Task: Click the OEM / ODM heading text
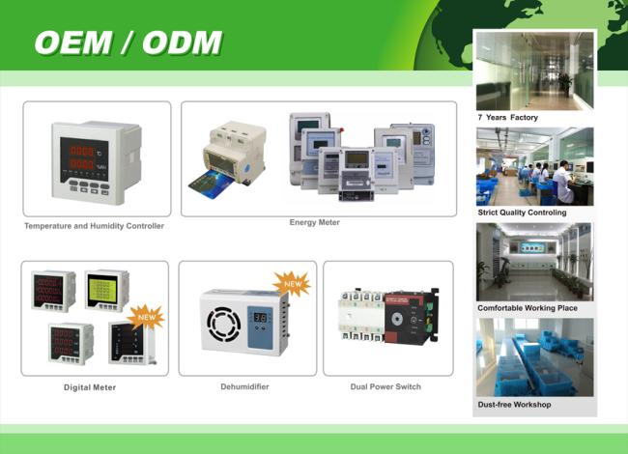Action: (128, 43)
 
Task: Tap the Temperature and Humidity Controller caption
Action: (94, 226)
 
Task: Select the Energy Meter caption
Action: (314, 222)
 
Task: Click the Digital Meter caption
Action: (90, 387)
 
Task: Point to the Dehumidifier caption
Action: (244, 386)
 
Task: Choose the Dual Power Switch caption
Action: (385, 386)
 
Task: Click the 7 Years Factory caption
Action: (507, 117)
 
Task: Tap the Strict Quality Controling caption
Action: (522, 213)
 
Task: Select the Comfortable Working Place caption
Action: (528, 308)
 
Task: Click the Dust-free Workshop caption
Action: (514, 405)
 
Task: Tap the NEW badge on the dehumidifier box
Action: (293, 284)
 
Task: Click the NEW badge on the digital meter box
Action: (146, 317)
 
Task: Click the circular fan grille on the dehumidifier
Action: (224, 325)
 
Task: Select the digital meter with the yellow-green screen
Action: (107, 290)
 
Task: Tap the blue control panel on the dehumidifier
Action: (260, 327)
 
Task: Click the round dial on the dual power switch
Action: (396, 319)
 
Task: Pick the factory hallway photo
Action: (534, 71)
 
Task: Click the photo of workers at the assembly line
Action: (534, 166)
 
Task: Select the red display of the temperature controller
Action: (84, 159)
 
